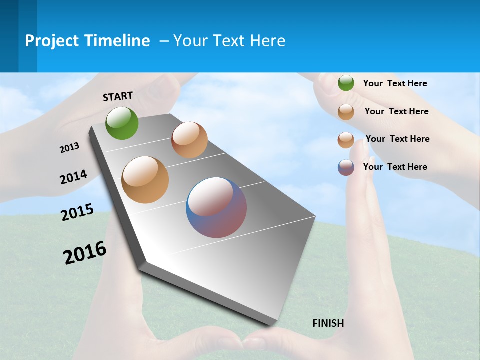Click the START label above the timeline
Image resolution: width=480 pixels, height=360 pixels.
pos(118,96)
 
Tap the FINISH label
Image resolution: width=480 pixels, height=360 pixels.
pos(328,323)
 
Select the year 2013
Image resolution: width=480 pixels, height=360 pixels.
pos(70,148)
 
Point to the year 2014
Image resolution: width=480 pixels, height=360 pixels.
pos(73,177)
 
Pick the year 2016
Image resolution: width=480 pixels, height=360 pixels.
pos(85,253)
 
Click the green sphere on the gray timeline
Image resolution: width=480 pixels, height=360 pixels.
pos(122,123)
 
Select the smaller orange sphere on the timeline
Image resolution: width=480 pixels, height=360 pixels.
pos(189,140)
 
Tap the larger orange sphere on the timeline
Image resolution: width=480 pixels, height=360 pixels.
pos(145,180)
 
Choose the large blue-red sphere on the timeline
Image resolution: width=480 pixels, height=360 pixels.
pos(216,207)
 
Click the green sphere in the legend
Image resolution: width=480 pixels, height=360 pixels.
pos(346,83)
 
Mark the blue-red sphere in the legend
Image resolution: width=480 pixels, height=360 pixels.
pos(346,167)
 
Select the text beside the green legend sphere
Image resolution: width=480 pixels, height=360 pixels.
pos(395,83)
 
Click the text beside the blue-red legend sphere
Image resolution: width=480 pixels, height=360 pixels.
pos(395,167)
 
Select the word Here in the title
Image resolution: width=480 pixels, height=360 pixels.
pos(267,41)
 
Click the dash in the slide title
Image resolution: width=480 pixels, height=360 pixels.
pos(164,41)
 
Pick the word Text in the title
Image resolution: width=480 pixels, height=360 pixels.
pos(227,41)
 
